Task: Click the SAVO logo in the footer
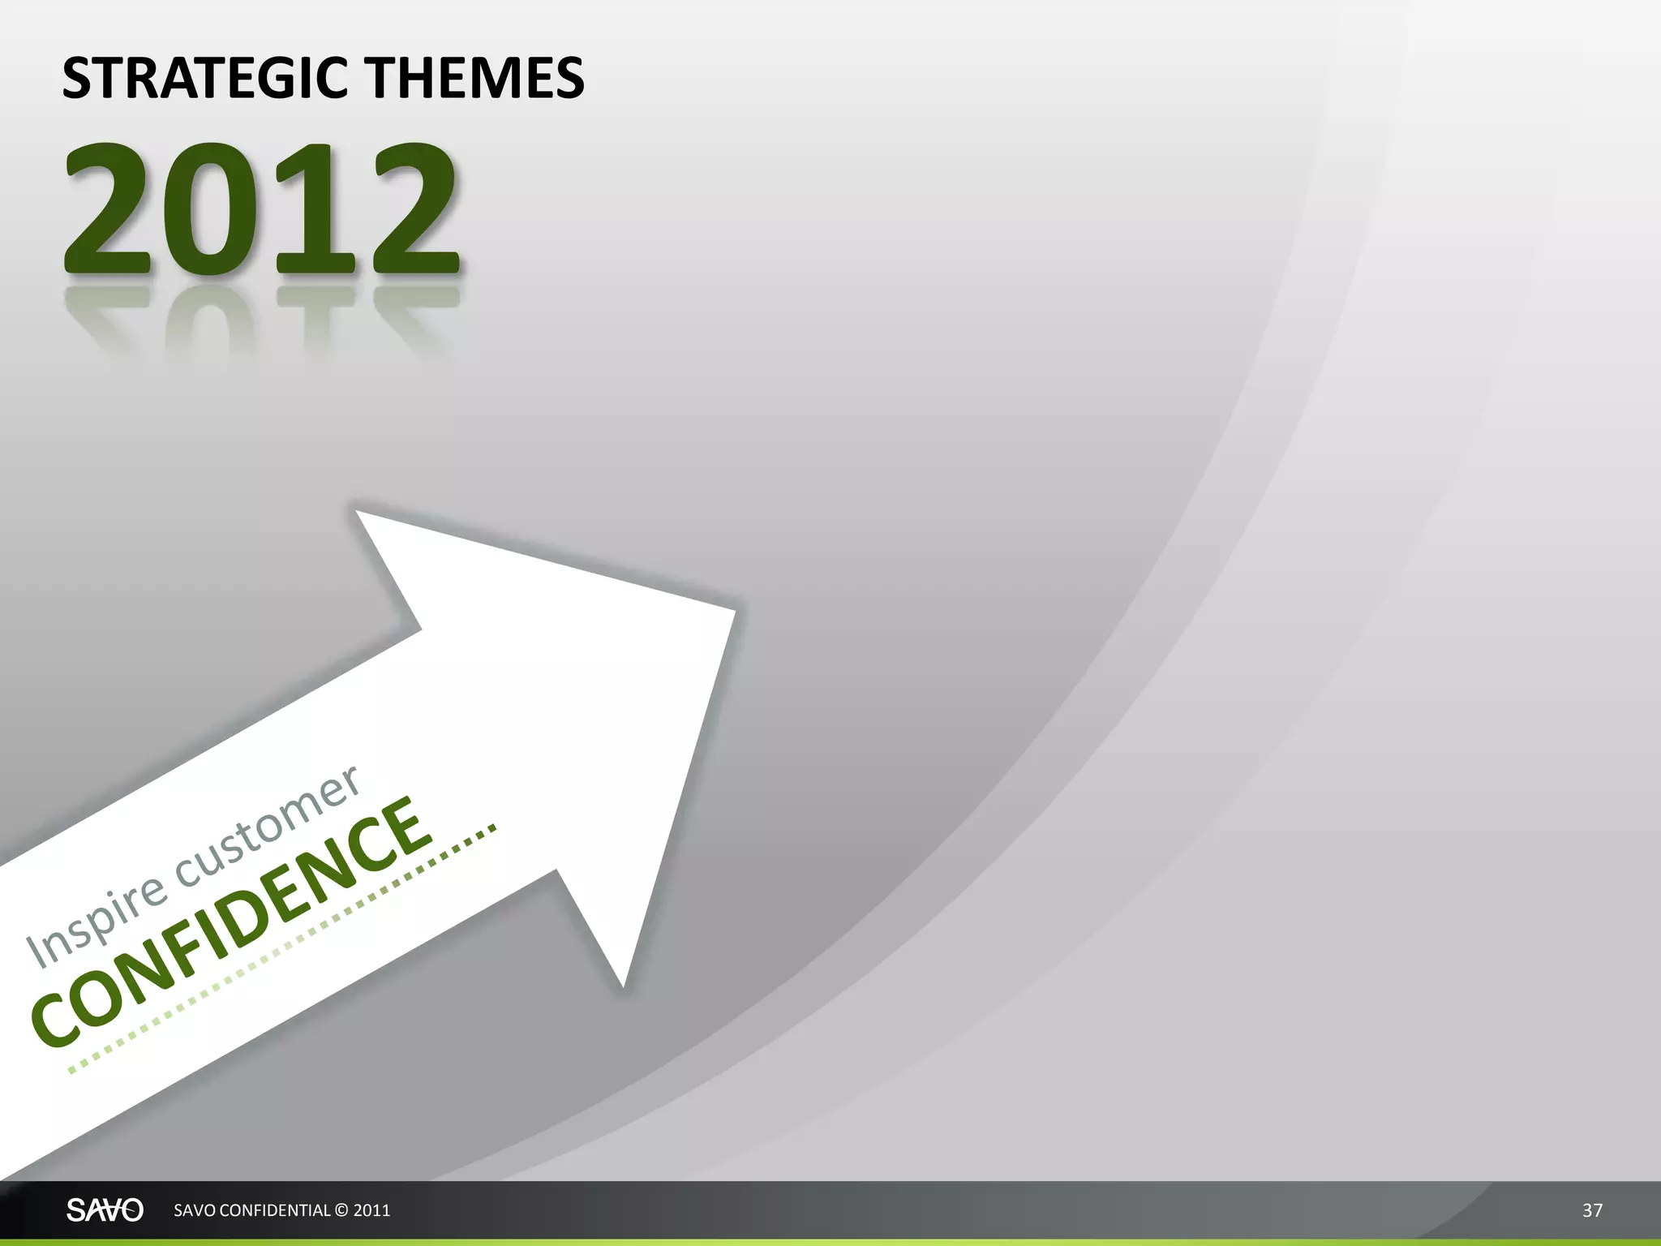click(x=105, y=1210)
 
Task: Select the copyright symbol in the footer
click(x=341, y=1210)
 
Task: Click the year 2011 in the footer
click(x=372, y=1210)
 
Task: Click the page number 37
click(x=1592, y=1210)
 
